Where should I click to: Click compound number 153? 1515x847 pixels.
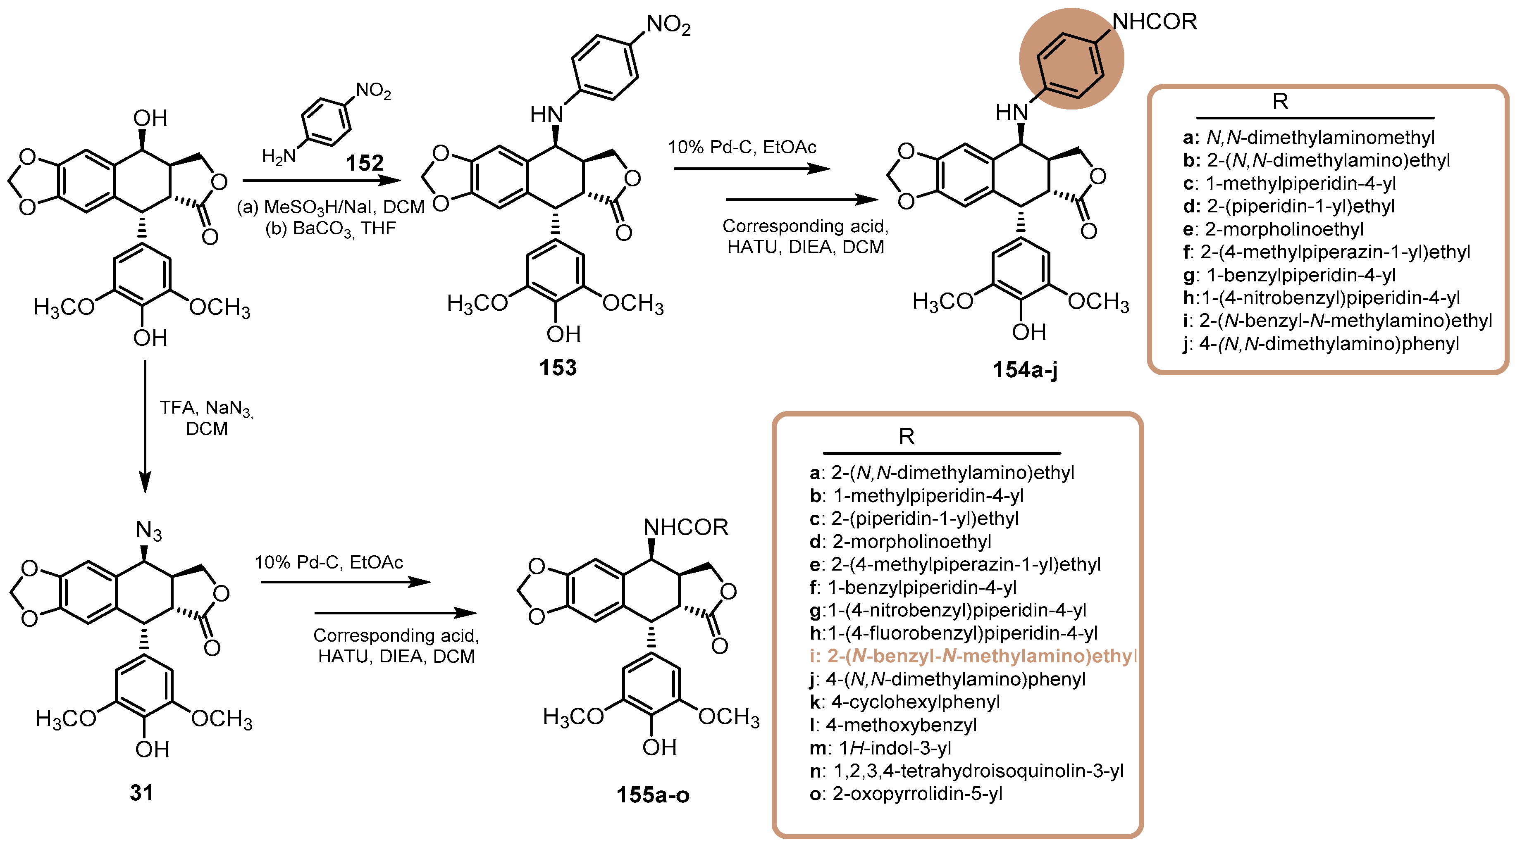click(x=558, y=368)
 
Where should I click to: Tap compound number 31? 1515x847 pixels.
click(x=141, y=792)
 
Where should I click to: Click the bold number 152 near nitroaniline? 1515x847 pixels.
click(x=365, y=163)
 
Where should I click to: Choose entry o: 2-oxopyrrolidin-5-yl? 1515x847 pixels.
click(x=906, y=794)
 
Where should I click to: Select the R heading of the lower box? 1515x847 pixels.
click(x=906, y=437)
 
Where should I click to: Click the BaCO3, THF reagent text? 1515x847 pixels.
click(x=331, y=228)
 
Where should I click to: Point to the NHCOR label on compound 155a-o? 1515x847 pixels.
click(x=686, y=527)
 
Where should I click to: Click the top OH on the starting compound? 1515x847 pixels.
click(x=150, y=118)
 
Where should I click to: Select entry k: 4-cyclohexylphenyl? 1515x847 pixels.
click(x=904, y=702)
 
